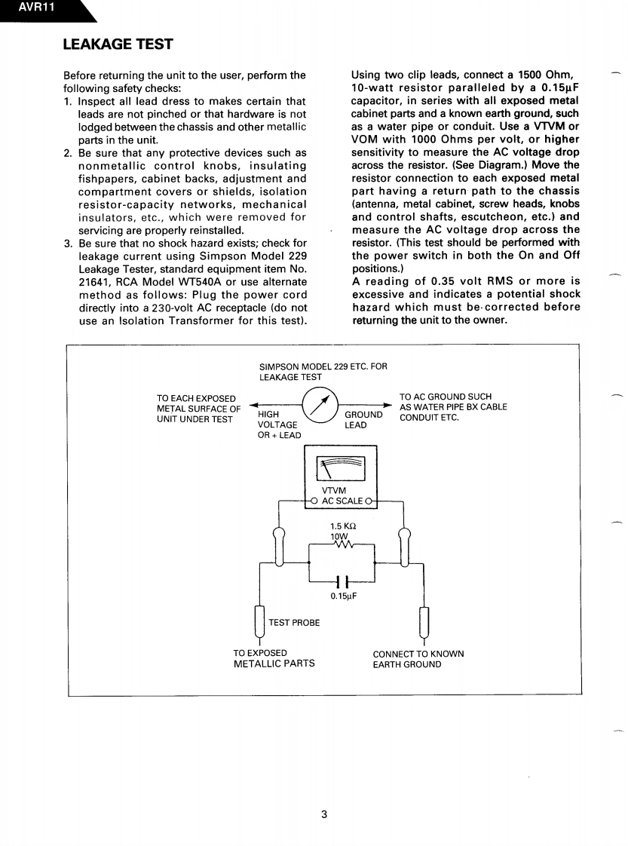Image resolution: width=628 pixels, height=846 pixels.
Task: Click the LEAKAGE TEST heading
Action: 118,44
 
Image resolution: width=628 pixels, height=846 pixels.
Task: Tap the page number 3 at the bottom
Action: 323,814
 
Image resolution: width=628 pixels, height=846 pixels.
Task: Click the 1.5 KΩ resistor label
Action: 343,526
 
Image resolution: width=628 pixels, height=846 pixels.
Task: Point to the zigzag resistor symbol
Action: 342,544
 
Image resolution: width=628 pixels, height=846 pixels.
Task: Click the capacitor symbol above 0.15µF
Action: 343,581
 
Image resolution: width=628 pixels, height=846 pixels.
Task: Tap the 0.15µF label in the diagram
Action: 343,596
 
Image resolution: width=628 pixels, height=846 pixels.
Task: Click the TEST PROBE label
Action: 294,623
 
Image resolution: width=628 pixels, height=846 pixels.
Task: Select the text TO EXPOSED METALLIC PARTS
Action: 274,658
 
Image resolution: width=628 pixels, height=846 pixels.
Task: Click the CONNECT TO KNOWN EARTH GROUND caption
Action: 418,659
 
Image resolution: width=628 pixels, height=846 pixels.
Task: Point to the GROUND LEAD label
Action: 363,419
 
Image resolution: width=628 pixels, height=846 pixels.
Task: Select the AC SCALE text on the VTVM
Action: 342,501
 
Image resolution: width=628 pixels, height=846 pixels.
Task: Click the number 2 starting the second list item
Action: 67,153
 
